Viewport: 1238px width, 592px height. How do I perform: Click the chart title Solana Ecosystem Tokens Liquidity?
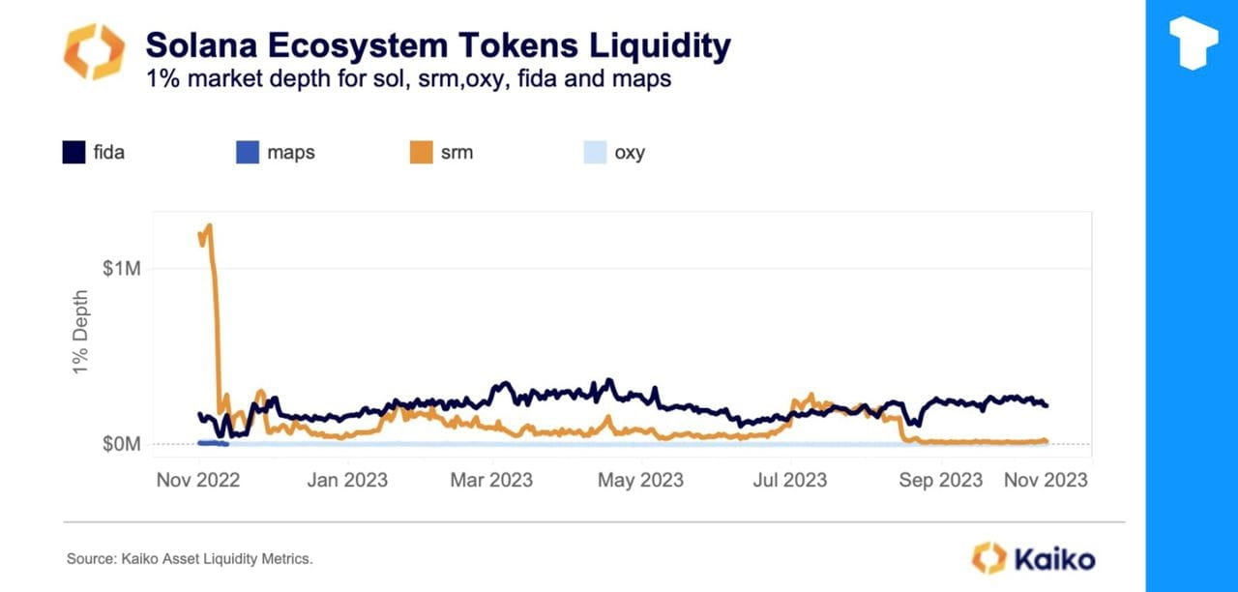(x=437, y=45)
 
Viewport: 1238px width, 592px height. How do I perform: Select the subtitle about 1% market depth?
(x=408, y=79)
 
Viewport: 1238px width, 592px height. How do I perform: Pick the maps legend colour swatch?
(x=248, y=152)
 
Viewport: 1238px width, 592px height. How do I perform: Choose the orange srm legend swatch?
(x=421, y=152)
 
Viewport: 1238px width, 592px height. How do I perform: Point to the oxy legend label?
(x=629, y=153)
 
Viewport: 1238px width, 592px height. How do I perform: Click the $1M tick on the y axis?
(x=122, y=268)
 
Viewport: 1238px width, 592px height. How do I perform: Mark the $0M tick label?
(x=122, y=444)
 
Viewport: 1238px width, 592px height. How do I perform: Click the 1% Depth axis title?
(x=81, y=335)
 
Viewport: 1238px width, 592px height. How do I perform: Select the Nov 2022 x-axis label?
(x=197, y=480)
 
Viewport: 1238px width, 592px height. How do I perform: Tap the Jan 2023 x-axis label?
(x=346, y=480)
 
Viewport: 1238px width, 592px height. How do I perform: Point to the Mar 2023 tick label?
(x=491, y=480)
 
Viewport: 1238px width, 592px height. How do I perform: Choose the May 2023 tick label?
(x=641, y=480)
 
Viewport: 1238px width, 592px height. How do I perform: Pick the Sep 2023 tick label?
(x=941, y=480)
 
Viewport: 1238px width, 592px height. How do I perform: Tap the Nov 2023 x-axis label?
(x=1046, y=480)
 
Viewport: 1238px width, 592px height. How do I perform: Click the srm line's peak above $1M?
(x=209, y=226)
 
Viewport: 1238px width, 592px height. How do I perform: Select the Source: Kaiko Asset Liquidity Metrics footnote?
(x=190, y=559)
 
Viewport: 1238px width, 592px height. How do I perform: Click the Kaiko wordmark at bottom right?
(x=1054, y=558)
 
